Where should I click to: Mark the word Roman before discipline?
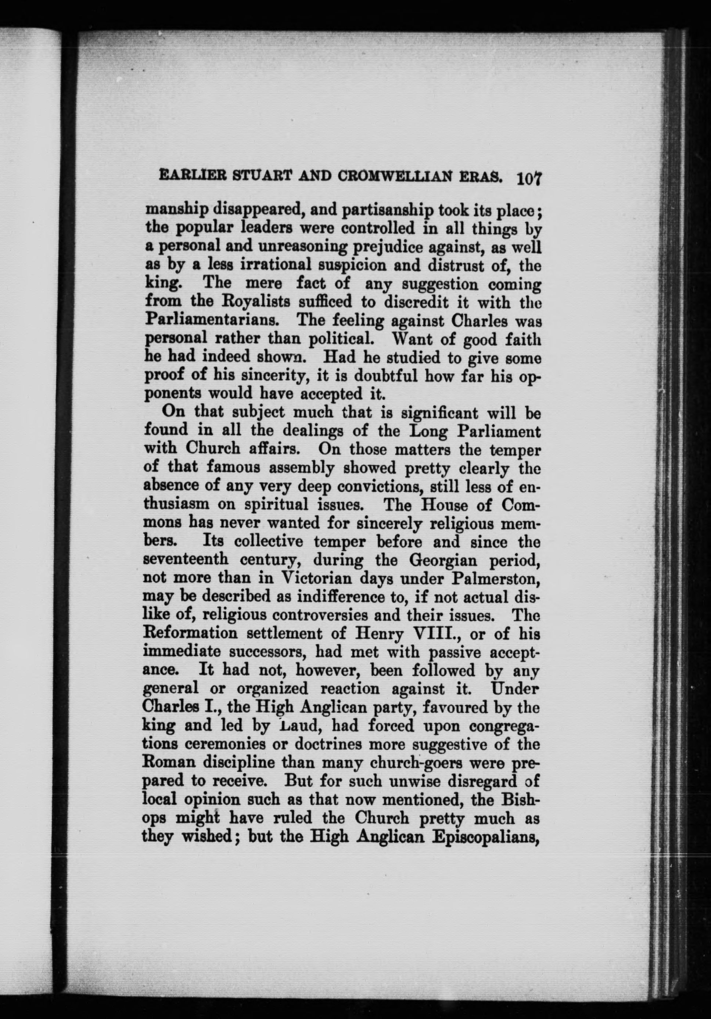coord(168,763)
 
